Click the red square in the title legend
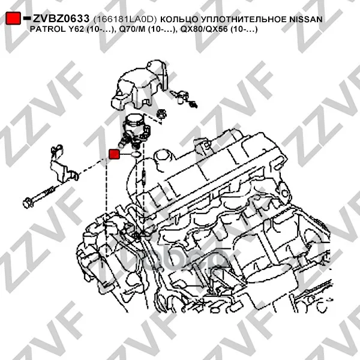click(x=13, y=18)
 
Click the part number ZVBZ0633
click(x=61, y=19)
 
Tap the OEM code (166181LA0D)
click(x=125, y=19)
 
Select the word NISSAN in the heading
click(x=306, y=19)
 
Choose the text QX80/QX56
click(x=204, y=29)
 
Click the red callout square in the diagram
click(x=114, y=154)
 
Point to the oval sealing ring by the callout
click(x=136, y=154)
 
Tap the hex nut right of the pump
click(x=161, y=114)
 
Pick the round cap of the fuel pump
click(x=135, y=121)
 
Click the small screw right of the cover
click(x=184, y=98)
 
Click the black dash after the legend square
click(x=27, y=17)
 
